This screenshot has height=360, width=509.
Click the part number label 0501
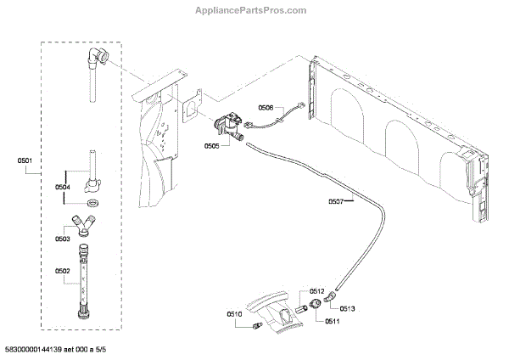[x=24, y=161]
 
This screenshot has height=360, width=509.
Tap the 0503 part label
[x=64, y=239]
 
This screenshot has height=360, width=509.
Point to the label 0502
[x=64, y=272]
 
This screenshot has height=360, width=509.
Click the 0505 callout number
[x=212, y=146]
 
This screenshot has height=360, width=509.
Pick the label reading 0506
[x=266, y=108]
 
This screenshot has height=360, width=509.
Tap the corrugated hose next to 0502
[x=84, y=277]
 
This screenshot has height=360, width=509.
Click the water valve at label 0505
[x=227, y=127]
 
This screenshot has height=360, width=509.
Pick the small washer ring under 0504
[x=91, y=204]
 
